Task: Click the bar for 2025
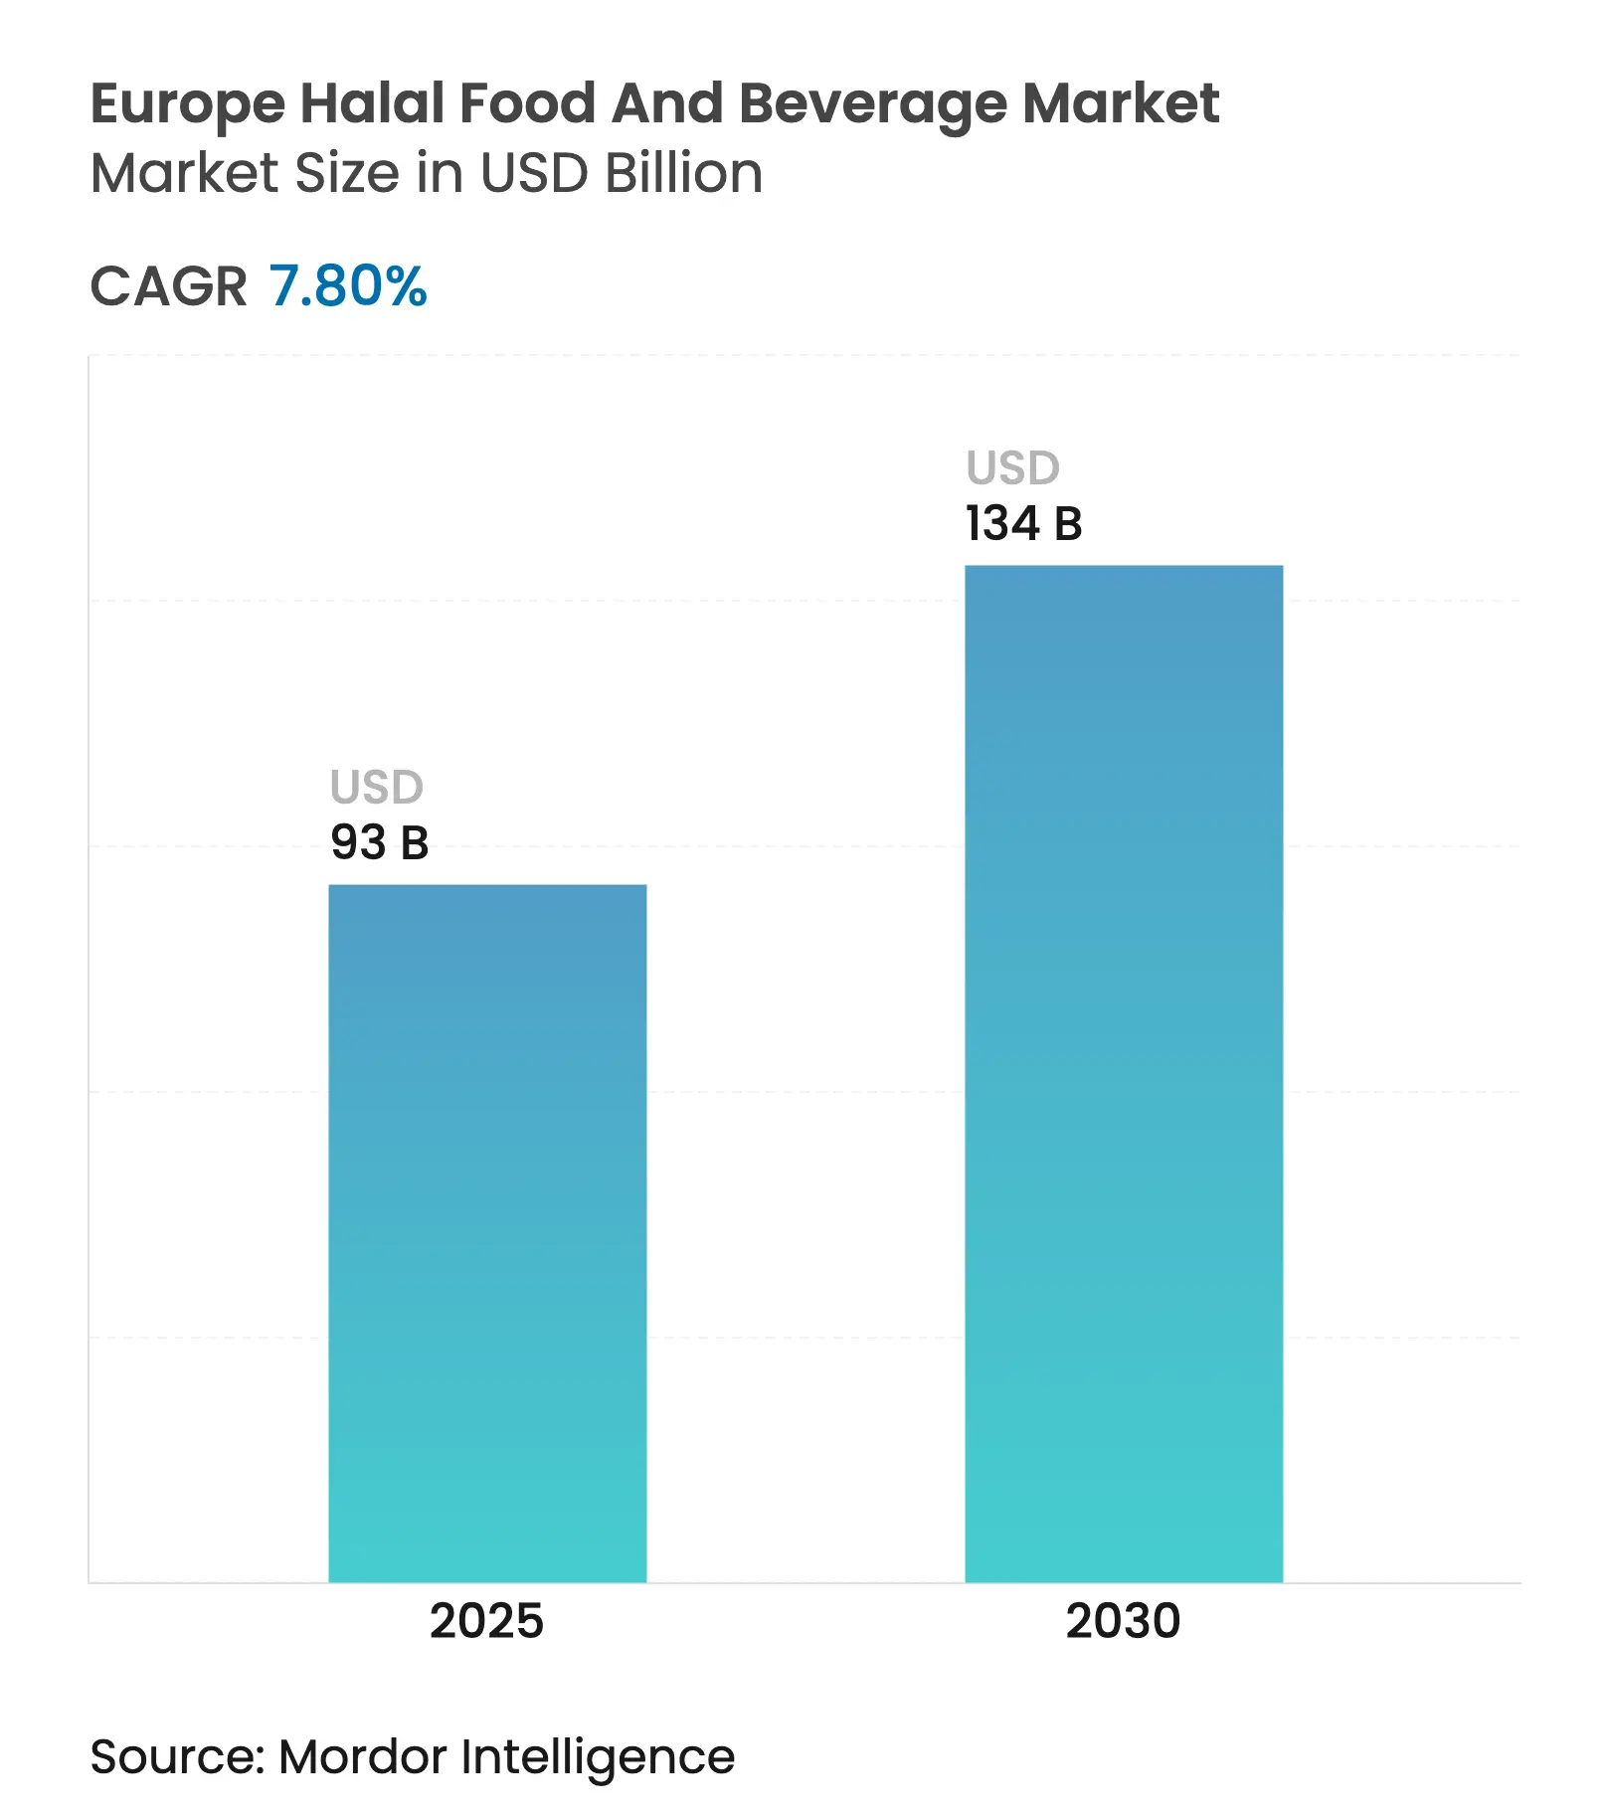[487, 1233]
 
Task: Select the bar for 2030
[1124, 1074]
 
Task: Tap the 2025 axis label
[486, 1620]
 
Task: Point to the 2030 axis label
[1123, 1620]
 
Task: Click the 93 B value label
[380, 842]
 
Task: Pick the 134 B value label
[1023, 523]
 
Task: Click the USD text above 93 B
[377, 788]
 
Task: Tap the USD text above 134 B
[1013, 468]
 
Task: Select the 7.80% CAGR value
[347, 286]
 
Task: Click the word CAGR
[168, 286]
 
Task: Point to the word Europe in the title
[188, 104]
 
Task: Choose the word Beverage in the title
[872, 104]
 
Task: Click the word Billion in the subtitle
[684, 173]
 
